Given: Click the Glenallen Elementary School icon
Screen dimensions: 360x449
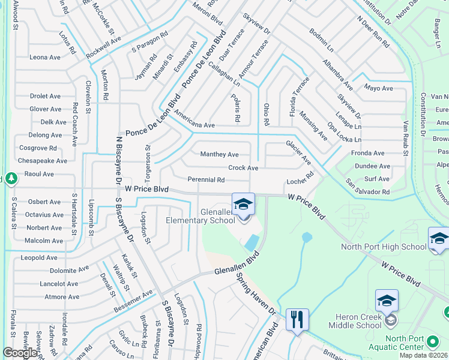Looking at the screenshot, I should (x=243, y=205).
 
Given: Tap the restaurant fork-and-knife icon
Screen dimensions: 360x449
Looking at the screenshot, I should (x=297, y=319).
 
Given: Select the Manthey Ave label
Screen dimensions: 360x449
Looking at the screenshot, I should (x=219, y=154).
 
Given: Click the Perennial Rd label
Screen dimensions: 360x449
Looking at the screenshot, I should (x=206, y=179).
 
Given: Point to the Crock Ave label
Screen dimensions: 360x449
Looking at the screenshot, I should (x=243, y=168).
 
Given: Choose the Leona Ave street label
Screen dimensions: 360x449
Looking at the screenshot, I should (x=46, y=58).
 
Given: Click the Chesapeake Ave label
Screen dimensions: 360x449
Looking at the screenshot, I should (x=43, y=161).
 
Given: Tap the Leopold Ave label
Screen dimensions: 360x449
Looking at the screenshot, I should (x=39, y=257).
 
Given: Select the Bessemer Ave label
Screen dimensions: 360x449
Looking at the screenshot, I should (x=133, y=302).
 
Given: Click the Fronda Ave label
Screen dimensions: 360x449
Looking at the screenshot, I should (x=370, y=153).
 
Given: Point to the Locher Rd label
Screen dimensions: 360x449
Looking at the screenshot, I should (x=300, y=179).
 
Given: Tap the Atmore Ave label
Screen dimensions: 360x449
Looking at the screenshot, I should (x=62, y=296).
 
